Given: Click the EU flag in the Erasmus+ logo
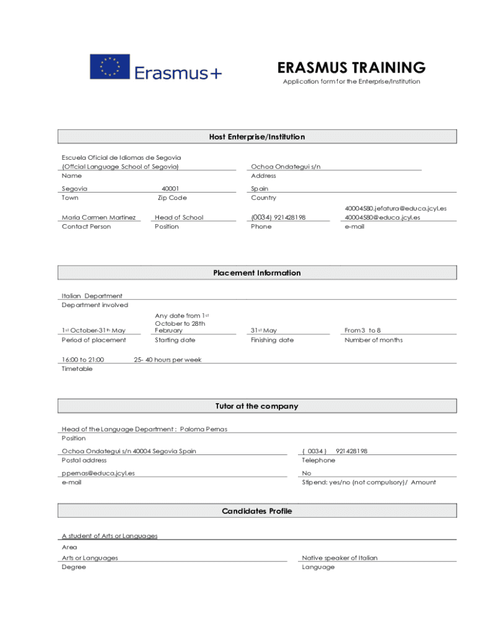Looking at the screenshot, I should click(110, 66).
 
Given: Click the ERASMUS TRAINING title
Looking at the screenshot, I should click(351, 67).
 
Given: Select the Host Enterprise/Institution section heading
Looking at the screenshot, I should click(257, 137).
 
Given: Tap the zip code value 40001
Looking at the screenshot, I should click(170, 189).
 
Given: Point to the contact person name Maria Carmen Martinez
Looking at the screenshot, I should click(98, 217).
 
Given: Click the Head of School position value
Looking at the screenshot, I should click(179, 217).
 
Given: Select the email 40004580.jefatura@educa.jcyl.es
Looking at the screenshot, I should click(395, 209).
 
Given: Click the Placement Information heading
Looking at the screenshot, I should click(257, 273).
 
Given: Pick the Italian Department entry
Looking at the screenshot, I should click(92, 296).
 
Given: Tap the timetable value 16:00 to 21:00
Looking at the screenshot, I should click(83, 360).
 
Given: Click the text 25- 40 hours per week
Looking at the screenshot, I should click(168, 360).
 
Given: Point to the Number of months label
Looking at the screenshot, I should click(374, 340).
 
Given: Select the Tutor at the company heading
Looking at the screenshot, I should click(257, 407).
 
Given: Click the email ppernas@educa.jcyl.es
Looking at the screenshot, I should click(98, 473).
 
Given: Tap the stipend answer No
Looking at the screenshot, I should click(307, 473).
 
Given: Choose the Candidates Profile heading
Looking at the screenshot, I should click(257, 511).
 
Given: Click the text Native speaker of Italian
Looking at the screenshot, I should click(339, 558).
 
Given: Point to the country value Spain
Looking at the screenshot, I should click(260, 189).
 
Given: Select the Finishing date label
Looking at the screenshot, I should click(272, 340).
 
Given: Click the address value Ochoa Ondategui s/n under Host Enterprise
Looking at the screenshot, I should click(286, 167).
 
